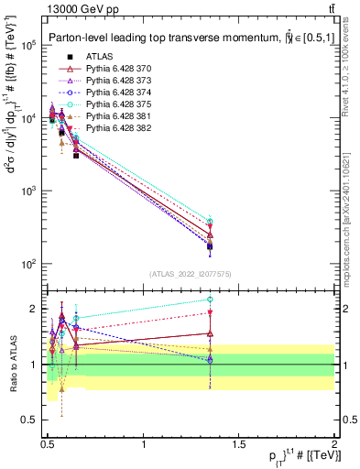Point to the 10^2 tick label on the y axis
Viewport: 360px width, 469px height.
coord(27,264)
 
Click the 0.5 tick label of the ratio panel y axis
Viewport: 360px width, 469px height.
coord(29,420)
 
